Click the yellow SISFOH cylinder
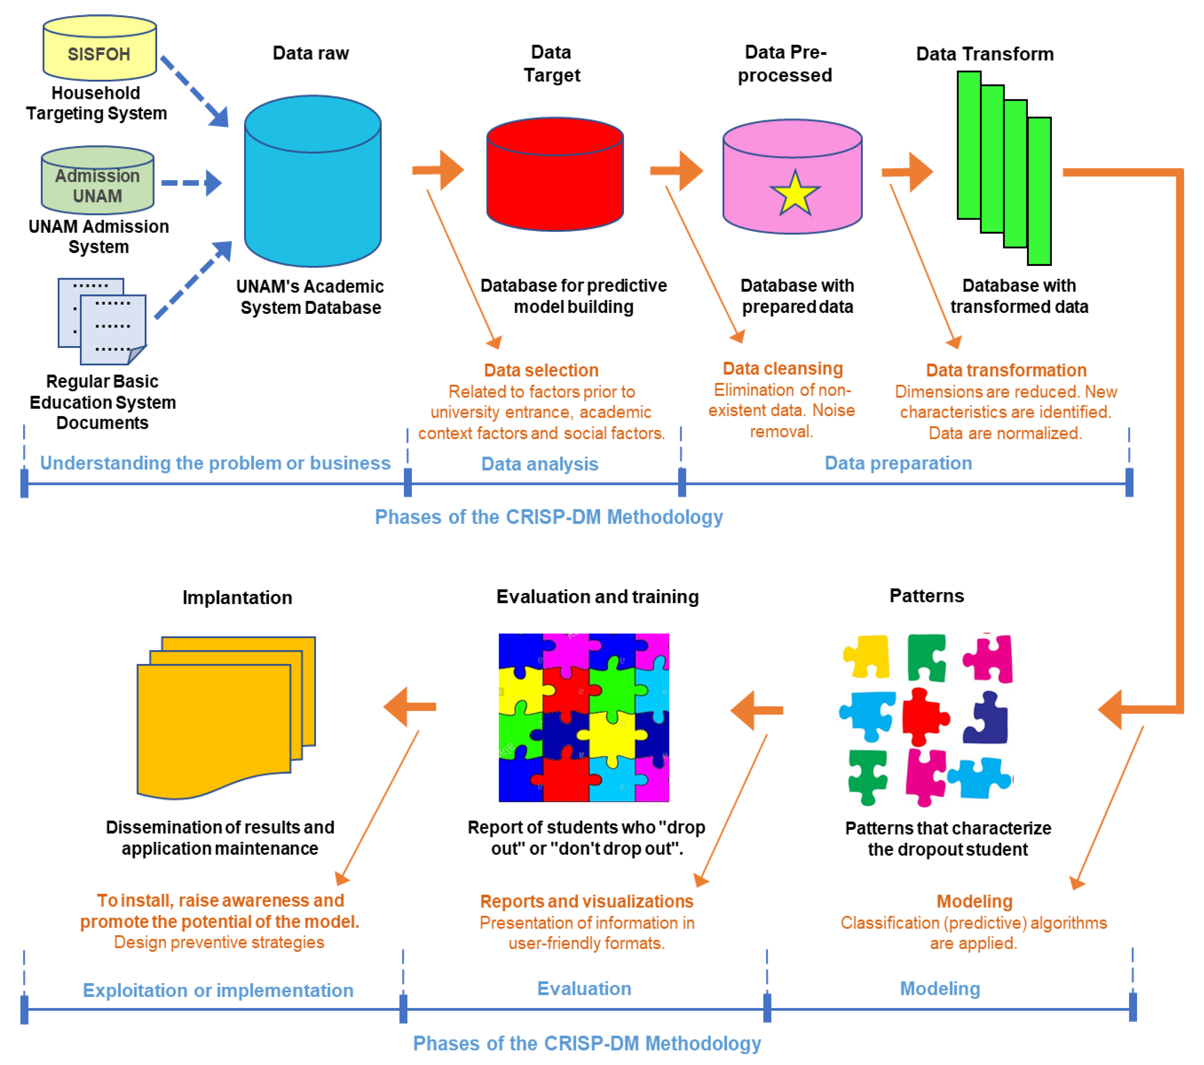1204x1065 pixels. pos(100,48)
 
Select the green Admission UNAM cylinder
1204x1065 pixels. pos(98,180)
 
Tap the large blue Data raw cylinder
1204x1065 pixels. pos(313,181)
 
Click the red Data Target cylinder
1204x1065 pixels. pos(555,174)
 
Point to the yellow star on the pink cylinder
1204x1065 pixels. pos(795,194)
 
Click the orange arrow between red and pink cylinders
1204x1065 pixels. pos(677,170)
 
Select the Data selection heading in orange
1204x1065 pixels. pos(541,370)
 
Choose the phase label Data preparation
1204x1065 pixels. pos(898,464)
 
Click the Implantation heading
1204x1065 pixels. pos(237,597)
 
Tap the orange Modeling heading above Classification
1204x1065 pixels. pos(974,901)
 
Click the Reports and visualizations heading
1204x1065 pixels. pos(587,901)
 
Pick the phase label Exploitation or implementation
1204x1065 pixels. pos(218,990)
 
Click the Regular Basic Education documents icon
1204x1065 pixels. pos(102,321)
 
